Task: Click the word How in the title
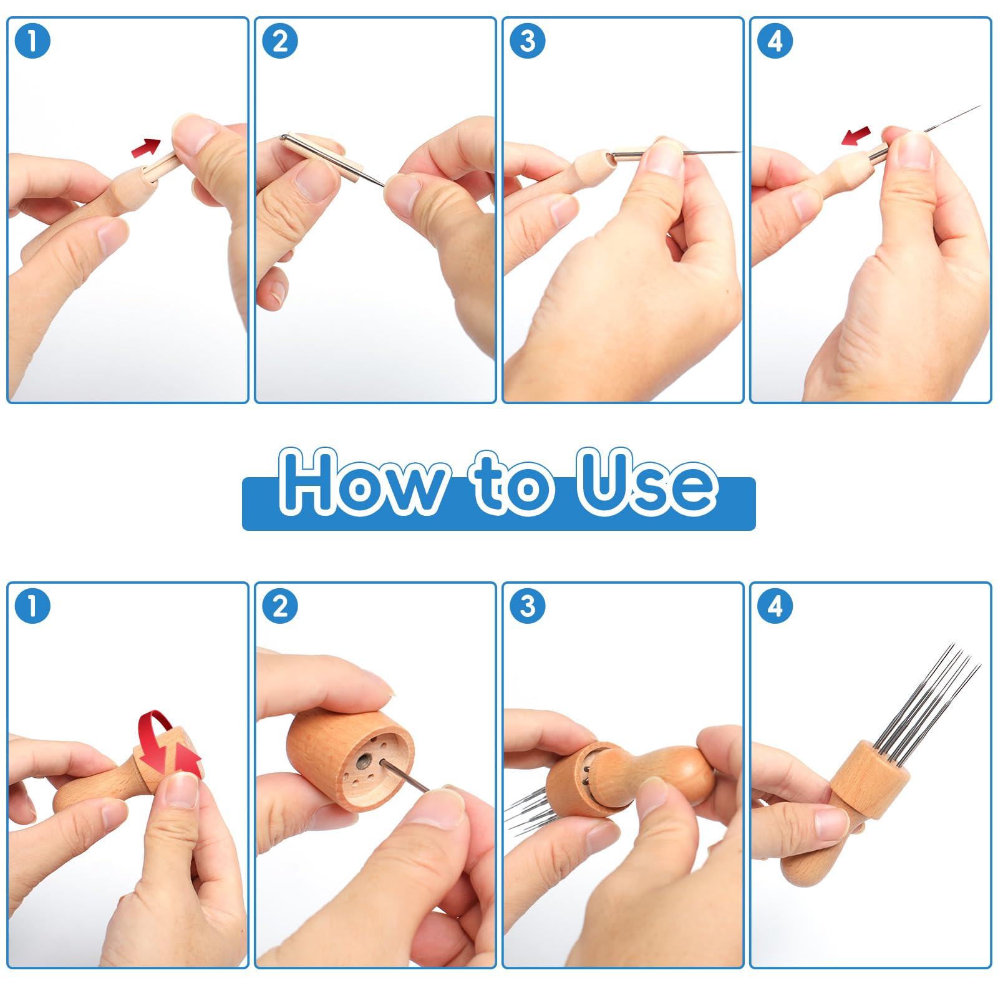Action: (x=365, y=481)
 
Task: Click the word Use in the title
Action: (x=646, y=481)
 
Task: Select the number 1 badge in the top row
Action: (x=32, y=41)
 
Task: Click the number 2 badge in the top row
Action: (x=280, y=41)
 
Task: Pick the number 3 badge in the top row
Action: (x=528, y=41)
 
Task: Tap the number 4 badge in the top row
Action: (x=775, y=41)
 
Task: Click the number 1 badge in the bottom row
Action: (x=32, y=606)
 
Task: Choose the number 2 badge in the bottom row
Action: (x=280, y=606)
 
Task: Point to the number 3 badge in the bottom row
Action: (x=528, y=606)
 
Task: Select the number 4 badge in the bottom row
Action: (x=775, y=606)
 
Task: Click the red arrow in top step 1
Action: (x=146, y=148)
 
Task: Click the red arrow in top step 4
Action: (x=856, y=135)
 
